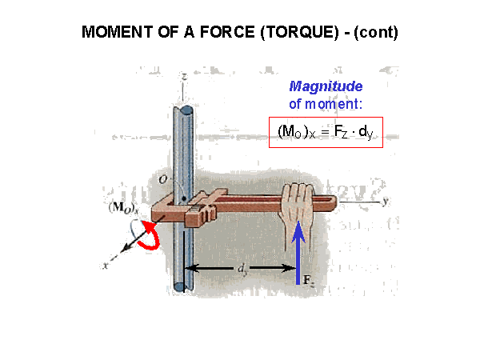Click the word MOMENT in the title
(x=118, y=32)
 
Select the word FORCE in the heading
(x=227, y=32)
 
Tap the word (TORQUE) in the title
(x=300, y=33)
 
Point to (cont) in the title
(x=376, y=33)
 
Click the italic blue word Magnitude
(x=326, y=86)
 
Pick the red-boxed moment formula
(x=326, y=132)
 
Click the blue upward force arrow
(x=298, y=253)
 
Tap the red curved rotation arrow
(x=150, y=236)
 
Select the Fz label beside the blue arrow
(x=308, y=281)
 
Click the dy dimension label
(x=242, y=269)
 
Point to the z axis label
(x=184, y=76)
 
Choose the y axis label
(x=386, y=201)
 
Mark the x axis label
(x=106, y=265)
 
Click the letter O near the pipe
(x=163, y=180)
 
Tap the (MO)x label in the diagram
(x=124, y=207)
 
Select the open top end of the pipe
(x=182, y=110)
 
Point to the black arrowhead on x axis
(x=126, y=248)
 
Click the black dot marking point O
(x=184, y=198)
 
